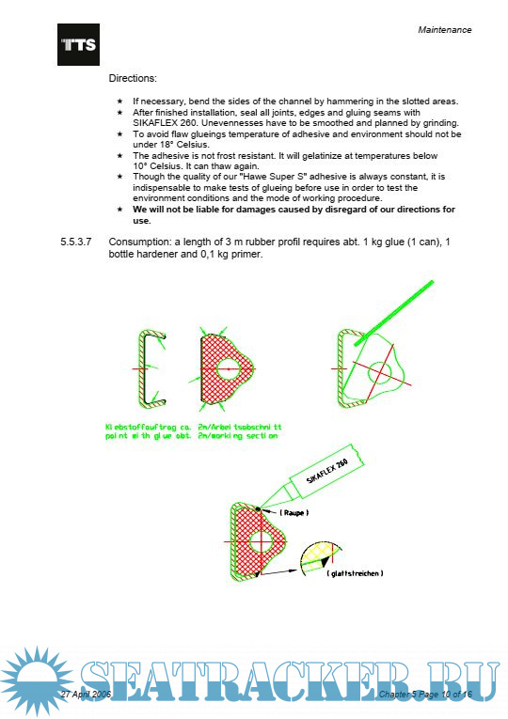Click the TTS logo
coord(78,44)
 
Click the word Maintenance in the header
coord(444,30)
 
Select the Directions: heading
coord(133,78)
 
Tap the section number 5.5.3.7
coord(75,242)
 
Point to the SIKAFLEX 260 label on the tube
coord(327,471)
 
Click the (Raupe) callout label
coord(294,512)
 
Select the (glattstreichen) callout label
coord(355,573)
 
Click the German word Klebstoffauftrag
coord(140,427)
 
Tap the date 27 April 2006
coord(86,694)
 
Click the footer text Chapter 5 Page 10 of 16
coord(425,695)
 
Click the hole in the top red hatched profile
coord(228,368)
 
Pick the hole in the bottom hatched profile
coord(261,542)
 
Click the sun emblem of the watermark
coord(37,681)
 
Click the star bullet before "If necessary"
coord(119,101)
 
